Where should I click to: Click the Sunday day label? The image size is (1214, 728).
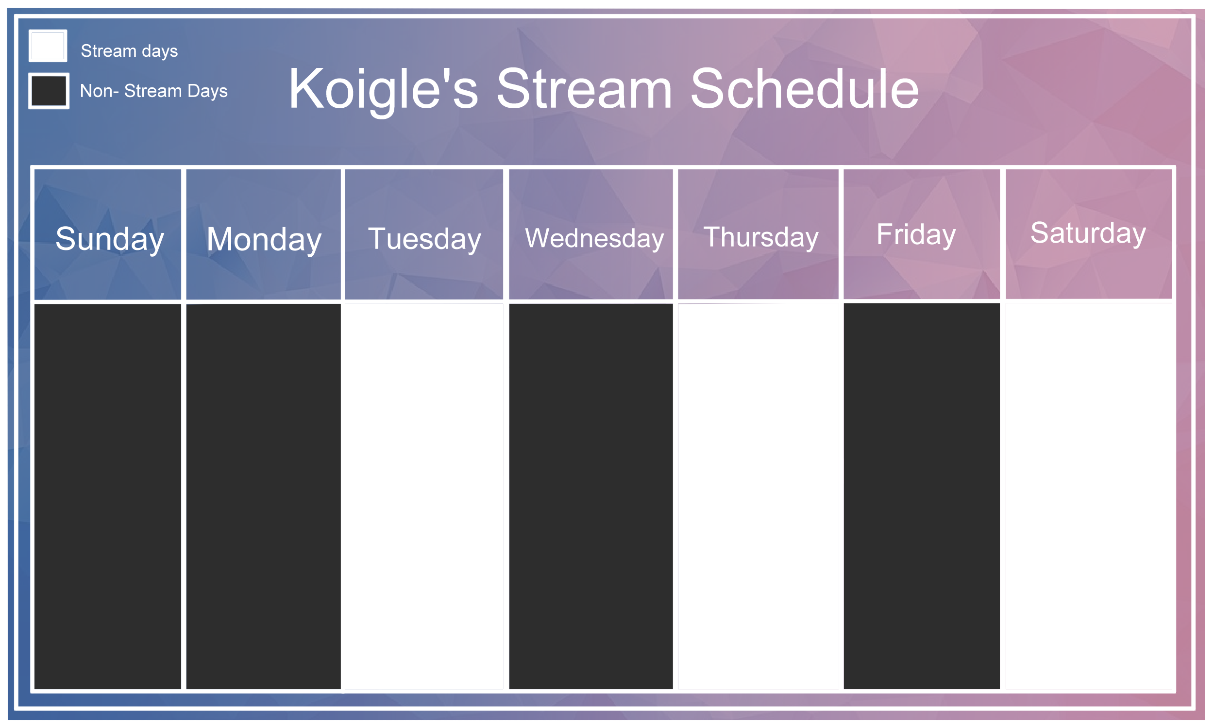pos(109,239)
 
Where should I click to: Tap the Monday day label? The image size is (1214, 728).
pos(264,240)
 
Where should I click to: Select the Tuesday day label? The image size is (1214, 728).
pos(424,239)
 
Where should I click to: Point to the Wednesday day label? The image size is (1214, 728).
pos(594,238)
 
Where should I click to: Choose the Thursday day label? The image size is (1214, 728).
pos(761,237)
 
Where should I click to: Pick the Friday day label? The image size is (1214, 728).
pos(916,234)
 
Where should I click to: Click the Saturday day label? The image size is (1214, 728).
pos(1088,233)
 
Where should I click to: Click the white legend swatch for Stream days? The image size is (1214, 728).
pos(48,46)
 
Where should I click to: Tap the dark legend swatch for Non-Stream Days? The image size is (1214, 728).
pos(49,91)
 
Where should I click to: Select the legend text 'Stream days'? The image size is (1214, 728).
pos(129,51)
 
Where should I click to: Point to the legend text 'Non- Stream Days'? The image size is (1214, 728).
pos(153,91)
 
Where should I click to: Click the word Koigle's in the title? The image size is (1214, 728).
pos(383,90)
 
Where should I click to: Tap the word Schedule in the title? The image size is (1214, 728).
pos(805,89)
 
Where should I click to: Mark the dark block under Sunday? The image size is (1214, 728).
pos(107,496)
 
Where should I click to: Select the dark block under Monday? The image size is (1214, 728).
pos(264,496)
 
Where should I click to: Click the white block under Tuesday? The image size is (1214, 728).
pos(424,496)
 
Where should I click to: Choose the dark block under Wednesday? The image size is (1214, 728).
pos(591,496)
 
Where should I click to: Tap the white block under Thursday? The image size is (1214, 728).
pos(759,496)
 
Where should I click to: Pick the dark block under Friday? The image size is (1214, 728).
pos(922,496)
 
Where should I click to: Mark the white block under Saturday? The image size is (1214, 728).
pos(1089,496)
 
